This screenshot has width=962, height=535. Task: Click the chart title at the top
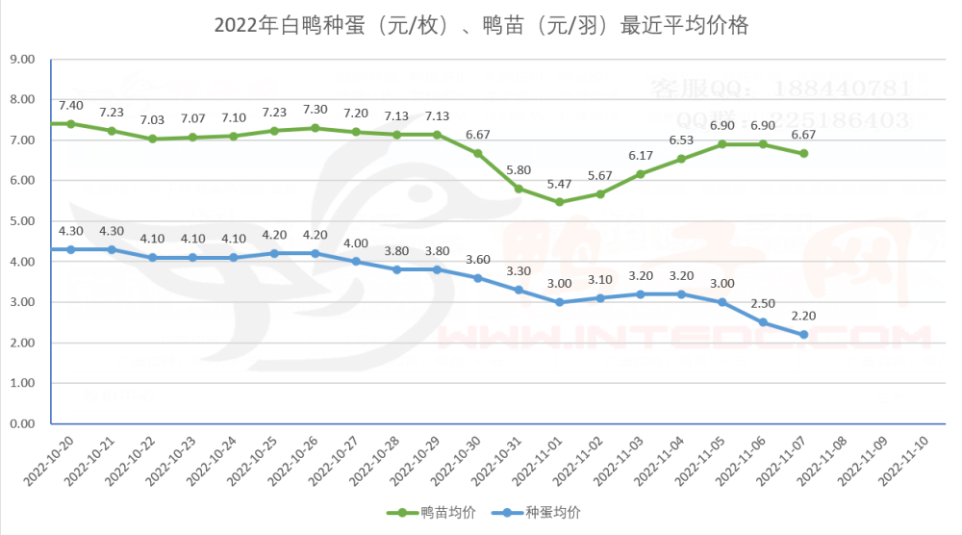click(x=480, y=26)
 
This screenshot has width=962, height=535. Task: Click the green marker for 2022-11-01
click(x=559, y=202)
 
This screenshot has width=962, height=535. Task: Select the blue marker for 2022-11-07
click(x=803, y=335)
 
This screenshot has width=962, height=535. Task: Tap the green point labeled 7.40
click(x=70, y=124)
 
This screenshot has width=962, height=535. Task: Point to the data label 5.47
click(x=559, y=184)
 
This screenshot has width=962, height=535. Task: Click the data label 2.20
click(x=803, y=316)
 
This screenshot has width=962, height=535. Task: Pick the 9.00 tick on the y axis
click(x=21, y=60)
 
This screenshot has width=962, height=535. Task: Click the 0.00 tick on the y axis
click(x=21, y=423)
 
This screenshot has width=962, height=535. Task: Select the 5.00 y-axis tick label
click(x=21, y=221)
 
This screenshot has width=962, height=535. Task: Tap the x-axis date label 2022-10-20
click(x=48, y=462)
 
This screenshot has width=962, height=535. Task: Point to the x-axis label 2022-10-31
click(x=496, y=462)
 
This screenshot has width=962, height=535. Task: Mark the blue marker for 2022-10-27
click(x=355, y=262)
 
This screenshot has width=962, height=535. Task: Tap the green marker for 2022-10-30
click(x=477, y=154)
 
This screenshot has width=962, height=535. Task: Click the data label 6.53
click(x=681, y=140)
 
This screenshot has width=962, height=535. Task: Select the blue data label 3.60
click(x=477, y=259)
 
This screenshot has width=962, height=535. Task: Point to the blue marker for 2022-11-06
click(x=763, y=322)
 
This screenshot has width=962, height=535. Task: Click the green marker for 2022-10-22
click(x=152, y=139)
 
